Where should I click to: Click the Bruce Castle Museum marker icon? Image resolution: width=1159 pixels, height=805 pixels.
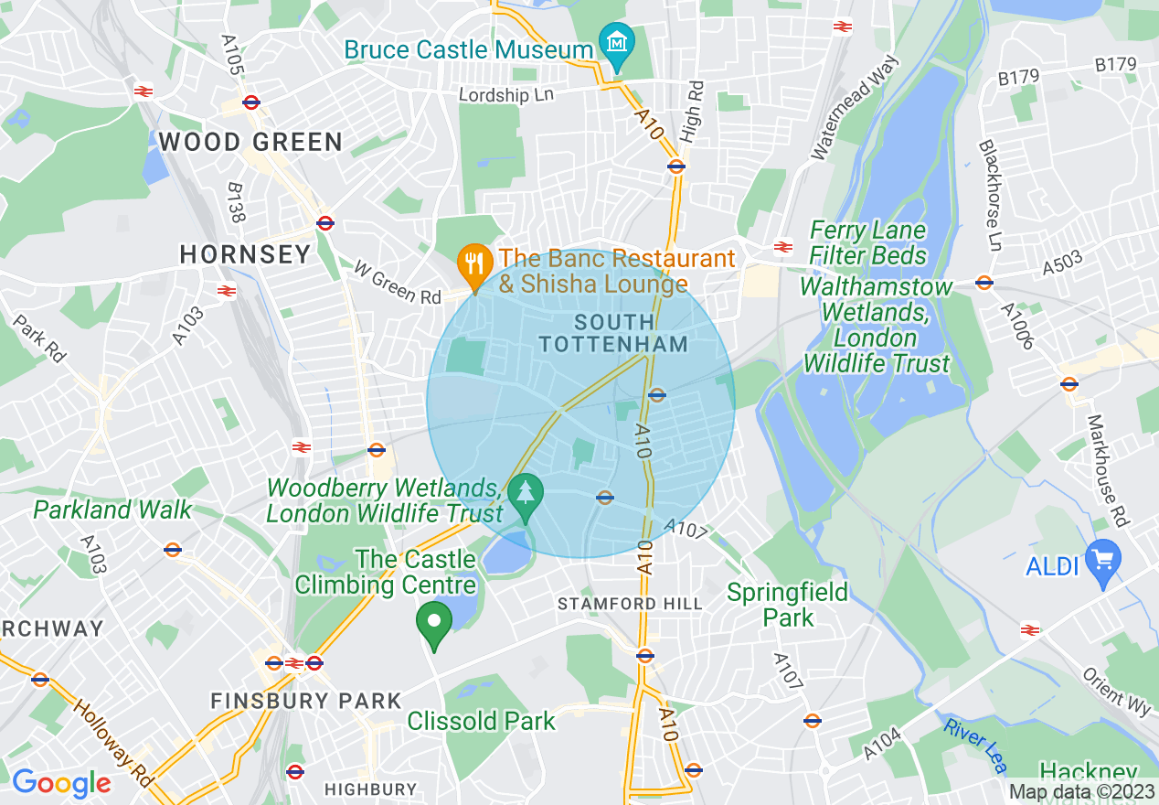point(617,43)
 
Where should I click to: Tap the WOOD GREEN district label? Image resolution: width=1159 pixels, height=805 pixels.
point(250,142)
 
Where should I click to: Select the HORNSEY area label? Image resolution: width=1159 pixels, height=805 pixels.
point(245,254)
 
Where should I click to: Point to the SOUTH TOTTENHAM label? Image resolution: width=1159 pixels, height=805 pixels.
point(613,333)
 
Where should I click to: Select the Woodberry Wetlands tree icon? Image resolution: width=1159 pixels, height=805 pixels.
point(526,493)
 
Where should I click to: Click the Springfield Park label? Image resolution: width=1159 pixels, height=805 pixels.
point(787,605)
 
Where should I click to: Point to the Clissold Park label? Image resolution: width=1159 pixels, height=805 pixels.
point(481,721)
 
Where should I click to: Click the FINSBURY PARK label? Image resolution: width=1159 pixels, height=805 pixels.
point(306,702)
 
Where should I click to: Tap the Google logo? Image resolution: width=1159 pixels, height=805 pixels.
point(61,783)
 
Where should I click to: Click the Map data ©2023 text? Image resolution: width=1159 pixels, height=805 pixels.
point(1081,791)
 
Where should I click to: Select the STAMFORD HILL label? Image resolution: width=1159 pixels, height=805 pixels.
point(630,604)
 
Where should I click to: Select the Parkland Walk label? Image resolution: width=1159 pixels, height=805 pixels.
point(112,510)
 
